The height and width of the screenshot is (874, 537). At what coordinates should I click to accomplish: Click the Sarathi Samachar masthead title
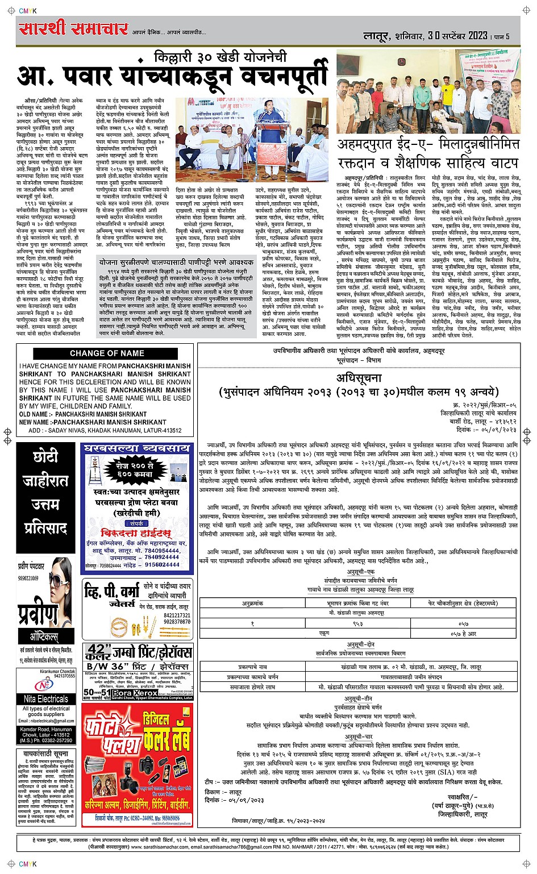[71, 29]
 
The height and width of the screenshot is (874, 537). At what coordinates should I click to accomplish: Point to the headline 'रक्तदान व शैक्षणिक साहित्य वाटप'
[428, 163]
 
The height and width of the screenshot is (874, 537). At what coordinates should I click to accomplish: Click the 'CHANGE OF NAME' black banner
[107, 353]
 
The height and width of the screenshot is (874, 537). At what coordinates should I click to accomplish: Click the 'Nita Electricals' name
[45, 698]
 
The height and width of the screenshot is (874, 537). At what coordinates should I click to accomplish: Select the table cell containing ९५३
[359, 623]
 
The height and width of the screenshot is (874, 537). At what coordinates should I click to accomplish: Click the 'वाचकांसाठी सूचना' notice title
[45, 752]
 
